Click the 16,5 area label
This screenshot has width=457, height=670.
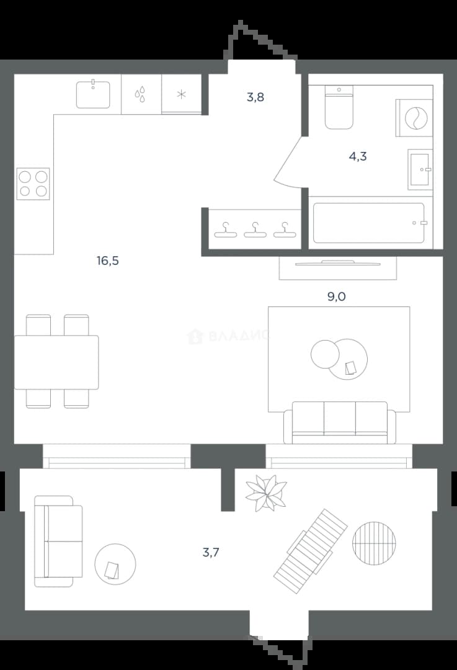coord(108,260)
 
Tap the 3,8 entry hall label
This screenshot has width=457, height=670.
coord(255,97)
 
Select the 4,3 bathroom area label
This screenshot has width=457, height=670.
coord(358,156)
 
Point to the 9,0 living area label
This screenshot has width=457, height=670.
coord(337,296)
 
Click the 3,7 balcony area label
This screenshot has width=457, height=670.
coord(211,553)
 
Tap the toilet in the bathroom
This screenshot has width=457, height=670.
coord(339,107)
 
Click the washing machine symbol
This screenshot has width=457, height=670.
coord(414,118)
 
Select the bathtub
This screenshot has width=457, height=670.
coord(369,223)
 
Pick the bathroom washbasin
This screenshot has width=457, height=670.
coord(420,169)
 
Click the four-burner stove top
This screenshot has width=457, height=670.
coord(33,184)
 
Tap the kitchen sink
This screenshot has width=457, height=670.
coord(93,94)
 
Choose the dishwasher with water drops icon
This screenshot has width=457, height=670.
coord(141,94)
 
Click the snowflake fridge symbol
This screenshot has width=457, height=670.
coord(182,94)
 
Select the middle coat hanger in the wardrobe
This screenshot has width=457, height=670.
coord(255,230)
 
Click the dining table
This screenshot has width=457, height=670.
coord(56,362)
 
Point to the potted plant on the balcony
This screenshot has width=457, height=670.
coord(265,492)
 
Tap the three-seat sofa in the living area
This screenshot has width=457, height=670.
coord(340,423)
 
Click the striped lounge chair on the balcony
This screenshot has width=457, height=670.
coord(311,552)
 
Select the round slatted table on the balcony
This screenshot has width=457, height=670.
coord(374,543)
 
